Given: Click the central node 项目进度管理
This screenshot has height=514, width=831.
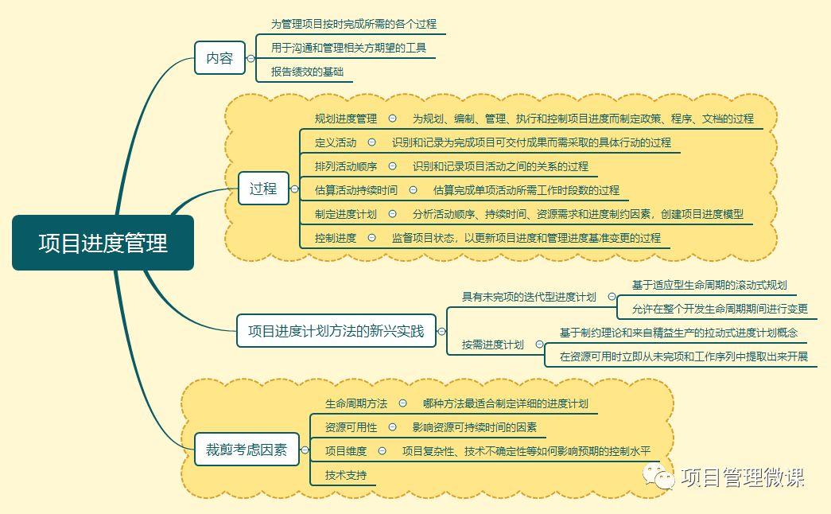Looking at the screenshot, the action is click(103, 243).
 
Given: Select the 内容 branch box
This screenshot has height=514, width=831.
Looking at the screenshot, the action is click(219, 58).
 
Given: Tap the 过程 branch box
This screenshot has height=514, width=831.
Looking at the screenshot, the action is click(263, 189).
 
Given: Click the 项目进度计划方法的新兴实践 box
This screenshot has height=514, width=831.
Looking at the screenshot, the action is click(336, 331).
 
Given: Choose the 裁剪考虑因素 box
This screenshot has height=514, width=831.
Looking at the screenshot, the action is click(247, 450).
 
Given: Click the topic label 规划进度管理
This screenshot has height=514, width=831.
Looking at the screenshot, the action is click(346, 119).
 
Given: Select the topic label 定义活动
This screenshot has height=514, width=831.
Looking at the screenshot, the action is click(336, 142).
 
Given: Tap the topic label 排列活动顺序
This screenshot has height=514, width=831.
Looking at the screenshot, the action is click(346, 166).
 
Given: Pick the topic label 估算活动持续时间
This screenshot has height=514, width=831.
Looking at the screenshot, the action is click(355, 190).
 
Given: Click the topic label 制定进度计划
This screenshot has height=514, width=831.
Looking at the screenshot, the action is click(346, 214).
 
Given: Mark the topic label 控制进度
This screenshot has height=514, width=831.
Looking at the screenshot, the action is click(336, 238).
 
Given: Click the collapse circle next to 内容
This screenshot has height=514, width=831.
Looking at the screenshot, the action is click(250, 58).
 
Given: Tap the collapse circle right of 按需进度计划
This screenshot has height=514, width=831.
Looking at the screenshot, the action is click(539, 345).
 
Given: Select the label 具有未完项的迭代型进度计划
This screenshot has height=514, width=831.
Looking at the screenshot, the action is click(529, 297).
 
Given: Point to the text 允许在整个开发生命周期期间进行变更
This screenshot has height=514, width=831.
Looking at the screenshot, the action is click(720, 309).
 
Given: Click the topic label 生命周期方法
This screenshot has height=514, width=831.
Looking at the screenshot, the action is click(356, 404).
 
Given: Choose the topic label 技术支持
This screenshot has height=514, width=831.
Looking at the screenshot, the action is click(346, 475).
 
